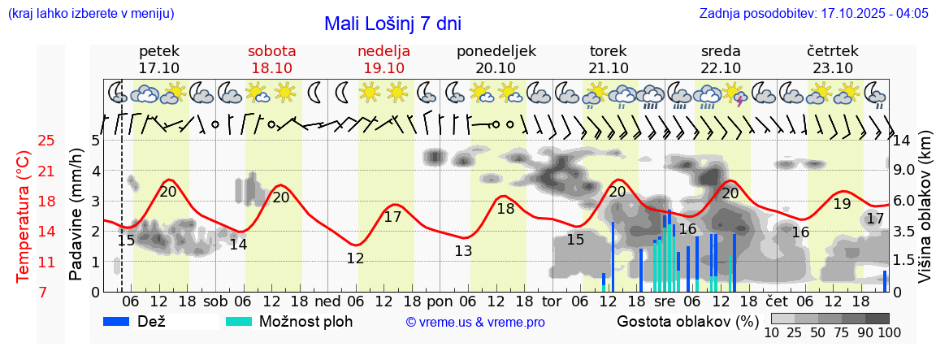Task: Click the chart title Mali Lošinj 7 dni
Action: pos(392,24)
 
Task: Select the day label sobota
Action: pos(271,50)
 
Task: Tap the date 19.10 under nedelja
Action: pos(383,67)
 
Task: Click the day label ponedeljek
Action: pos(496,50)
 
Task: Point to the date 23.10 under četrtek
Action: pos(833,67)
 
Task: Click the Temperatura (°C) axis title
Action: pos(24,217)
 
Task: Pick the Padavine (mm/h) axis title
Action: pos(76,215)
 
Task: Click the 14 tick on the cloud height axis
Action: pos(903,140)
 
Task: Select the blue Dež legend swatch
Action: pos(122,321)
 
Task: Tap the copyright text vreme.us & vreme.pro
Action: pos(475,322)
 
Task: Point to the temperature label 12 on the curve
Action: pos(355,258)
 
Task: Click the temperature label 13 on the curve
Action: pos(462,251)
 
